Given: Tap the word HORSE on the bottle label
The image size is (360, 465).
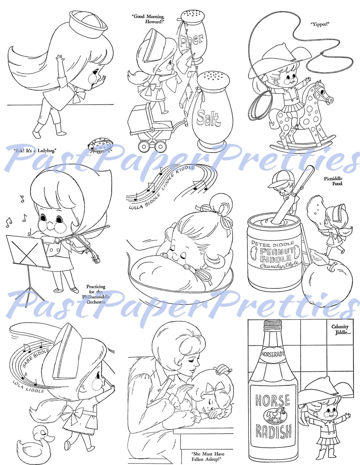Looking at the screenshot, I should coord(273,401).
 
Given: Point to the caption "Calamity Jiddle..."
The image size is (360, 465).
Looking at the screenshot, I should coord(340,329).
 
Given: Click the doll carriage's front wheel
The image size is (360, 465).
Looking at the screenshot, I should coord(144,146).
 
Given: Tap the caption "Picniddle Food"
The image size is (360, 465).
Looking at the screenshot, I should coord(333,181).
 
